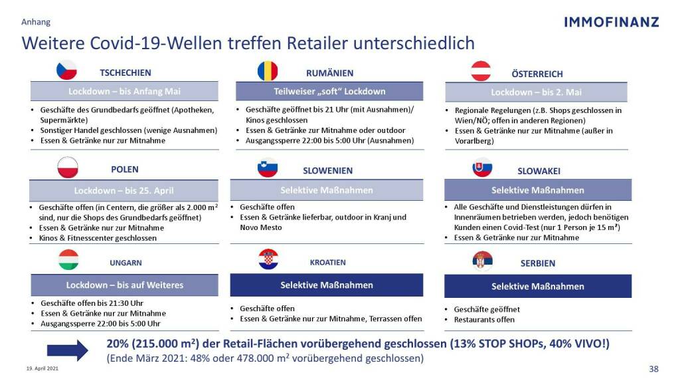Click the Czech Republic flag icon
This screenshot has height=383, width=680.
[66, 70]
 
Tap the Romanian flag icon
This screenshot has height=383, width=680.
[268, 70]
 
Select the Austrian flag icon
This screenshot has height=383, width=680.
[481, 71]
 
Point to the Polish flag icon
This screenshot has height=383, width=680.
[68, 168]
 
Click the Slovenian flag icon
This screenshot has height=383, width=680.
[268, 168]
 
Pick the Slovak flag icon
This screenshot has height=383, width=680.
[482, 168]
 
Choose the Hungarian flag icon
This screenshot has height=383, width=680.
[68, 259]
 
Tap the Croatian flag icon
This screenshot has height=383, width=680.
[268, 259]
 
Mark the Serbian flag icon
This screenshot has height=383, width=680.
[483, 261]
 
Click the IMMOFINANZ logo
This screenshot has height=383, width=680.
[611, 22]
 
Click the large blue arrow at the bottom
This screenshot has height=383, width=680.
[67, 350]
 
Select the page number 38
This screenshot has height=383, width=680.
[653, 369]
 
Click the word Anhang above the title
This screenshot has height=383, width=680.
[36, 22]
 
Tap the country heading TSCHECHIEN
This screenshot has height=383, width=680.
[126, 72]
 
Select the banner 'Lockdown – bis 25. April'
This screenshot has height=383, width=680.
[124, 190]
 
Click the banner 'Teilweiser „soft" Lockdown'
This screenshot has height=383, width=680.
[329, 91]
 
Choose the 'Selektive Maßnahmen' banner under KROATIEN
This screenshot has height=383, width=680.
[327, 285]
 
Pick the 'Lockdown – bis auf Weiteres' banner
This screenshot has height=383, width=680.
[124, 285]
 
